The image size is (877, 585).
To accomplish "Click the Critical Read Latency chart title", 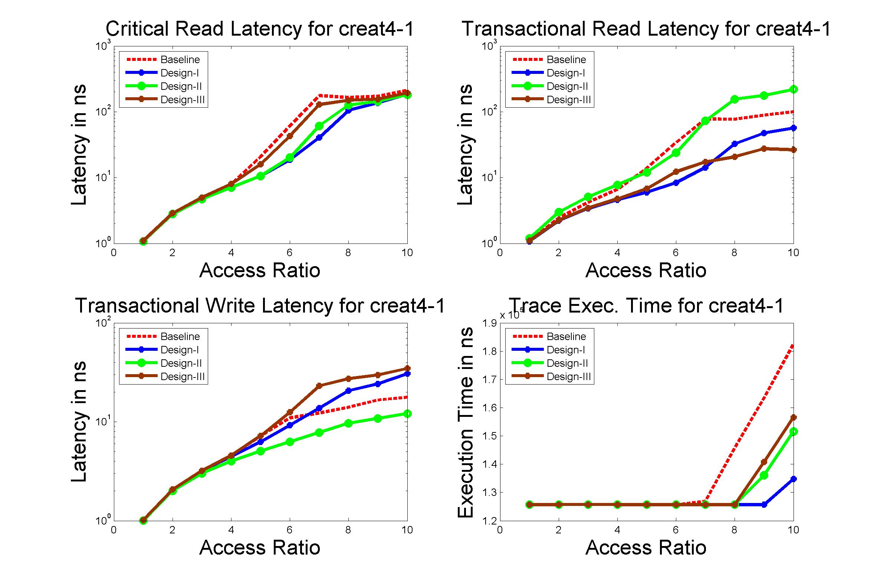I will pos(260,29).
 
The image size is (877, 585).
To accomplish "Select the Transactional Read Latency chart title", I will pos(646,29).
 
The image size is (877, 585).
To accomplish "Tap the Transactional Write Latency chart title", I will pos(260,305).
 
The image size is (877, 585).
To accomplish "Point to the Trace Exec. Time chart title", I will pos(646,305).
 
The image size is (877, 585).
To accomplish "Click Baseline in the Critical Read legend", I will pos(180,60).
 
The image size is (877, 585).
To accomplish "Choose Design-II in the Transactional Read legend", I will pos(567,86).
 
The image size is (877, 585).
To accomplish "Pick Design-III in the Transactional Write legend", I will pos(182,377).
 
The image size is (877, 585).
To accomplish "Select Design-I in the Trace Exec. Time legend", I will pos(565,350).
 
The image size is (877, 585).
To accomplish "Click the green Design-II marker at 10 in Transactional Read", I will pos(794,89).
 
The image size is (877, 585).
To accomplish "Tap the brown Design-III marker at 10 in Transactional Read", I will pos(794,150).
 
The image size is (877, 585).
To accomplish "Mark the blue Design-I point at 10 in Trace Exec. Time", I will pos(794,479).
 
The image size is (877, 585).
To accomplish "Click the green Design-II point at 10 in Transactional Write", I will pos(407,414).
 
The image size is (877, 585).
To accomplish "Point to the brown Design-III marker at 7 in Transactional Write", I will pos(319,386).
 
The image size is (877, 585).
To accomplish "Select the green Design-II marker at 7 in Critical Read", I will pos(319,126).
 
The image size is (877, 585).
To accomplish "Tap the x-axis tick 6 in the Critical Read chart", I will pos(290,253).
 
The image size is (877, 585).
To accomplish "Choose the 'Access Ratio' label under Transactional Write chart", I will pos(260,547).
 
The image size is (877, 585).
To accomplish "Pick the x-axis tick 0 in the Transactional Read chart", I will pos(500,253).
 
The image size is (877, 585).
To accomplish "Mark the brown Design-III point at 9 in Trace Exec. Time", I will pos(764,462).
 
